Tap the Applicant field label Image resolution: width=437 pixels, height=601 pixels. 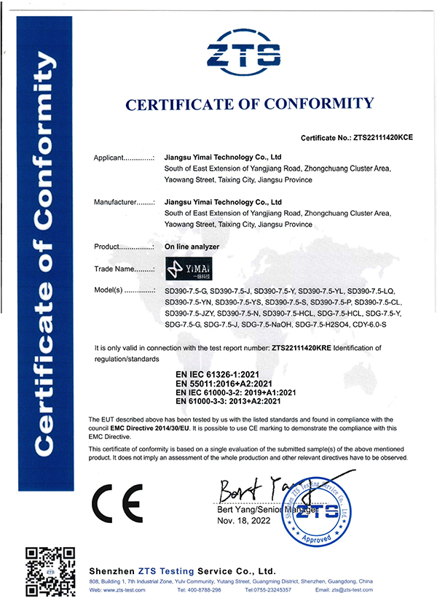(x=125, y=158)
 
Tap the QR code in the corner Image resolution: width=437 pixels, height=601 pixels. (x=50, y=569)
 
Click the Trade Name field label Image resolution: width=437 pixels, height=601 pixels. (x=120, y=269)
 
